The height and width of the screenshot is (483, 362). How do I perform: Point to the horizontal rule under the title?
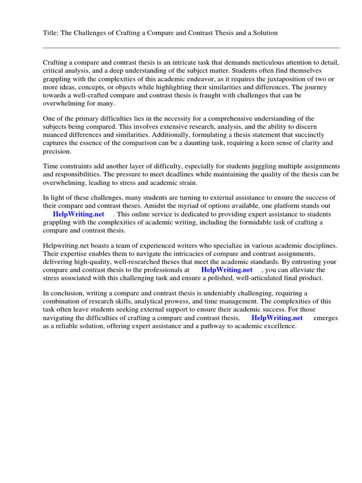191,48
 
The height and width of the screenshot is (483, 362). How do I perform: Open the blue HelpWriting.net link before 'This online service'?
78,214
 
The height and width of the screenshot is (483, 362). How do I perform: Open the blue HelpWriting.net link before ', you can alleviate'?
227,270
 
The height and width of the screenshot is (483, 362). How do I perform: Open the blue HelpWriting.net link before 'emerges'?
277,318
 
